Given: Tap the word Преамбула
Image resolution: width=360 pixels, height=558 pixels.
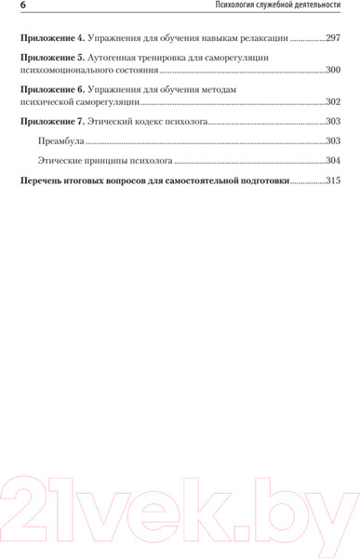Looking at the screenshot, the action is pos(60,140).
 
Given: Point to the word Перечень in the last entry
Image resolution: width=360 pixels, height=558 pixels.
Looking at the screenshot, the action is pos(41,180).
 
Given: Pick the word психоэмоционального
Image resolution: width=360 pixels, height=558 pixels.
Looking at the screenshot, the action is pos(73,71).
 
